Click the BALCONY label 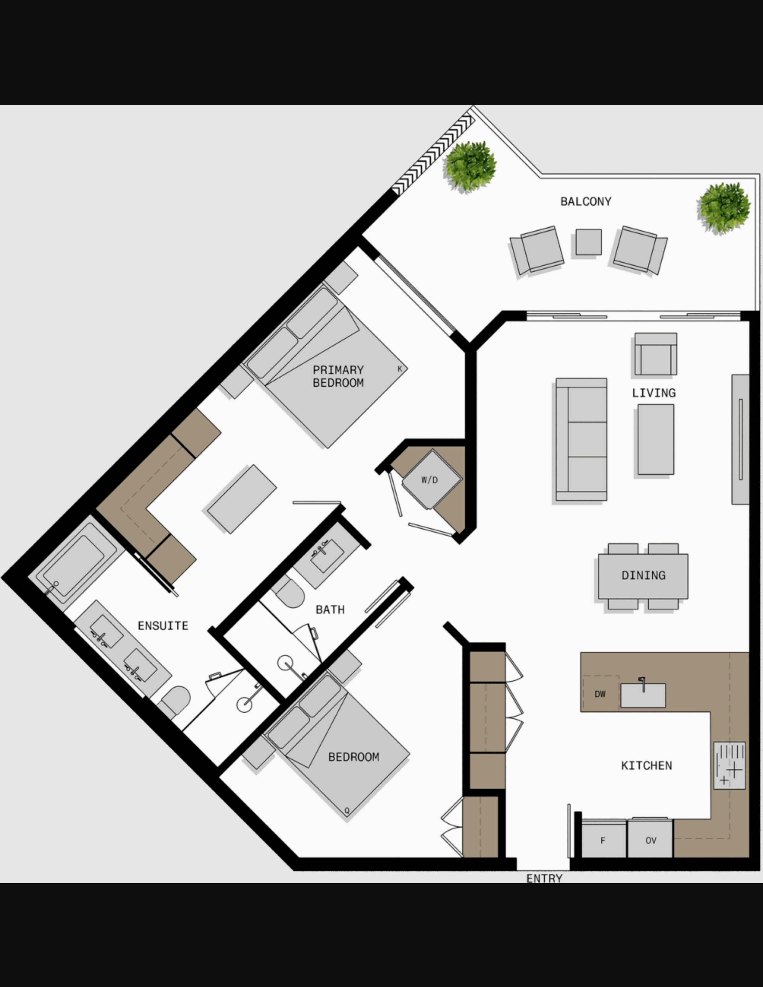coord(586,202)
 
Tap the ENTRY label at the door coord(545,878)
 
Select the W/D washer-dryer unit coord(432,480)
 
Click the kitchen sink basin coord(643,695)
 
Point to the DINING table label coord(643,575)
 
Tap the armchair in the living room coord(655,354)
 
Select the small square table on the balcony coord(589,242)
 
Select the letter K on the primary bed coord(399,369)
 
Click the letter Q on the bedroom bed coord(347,811)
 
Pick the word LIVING coord(653,393)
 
